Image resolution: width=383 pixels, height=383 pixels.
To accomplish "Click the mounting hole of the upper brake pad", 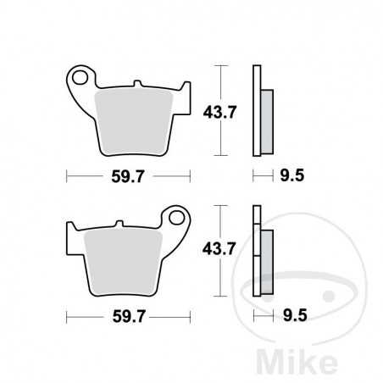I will (82, 79).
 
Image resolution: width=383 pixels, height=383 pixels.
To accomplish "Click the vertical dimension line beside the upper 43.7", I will (220, 111).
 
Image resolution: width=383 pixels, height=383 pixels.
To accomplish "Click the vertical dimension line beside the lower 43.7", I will (220, 251).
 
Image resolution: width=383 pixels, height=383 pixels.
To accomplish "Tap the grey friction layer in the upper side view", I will (264, 119).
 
